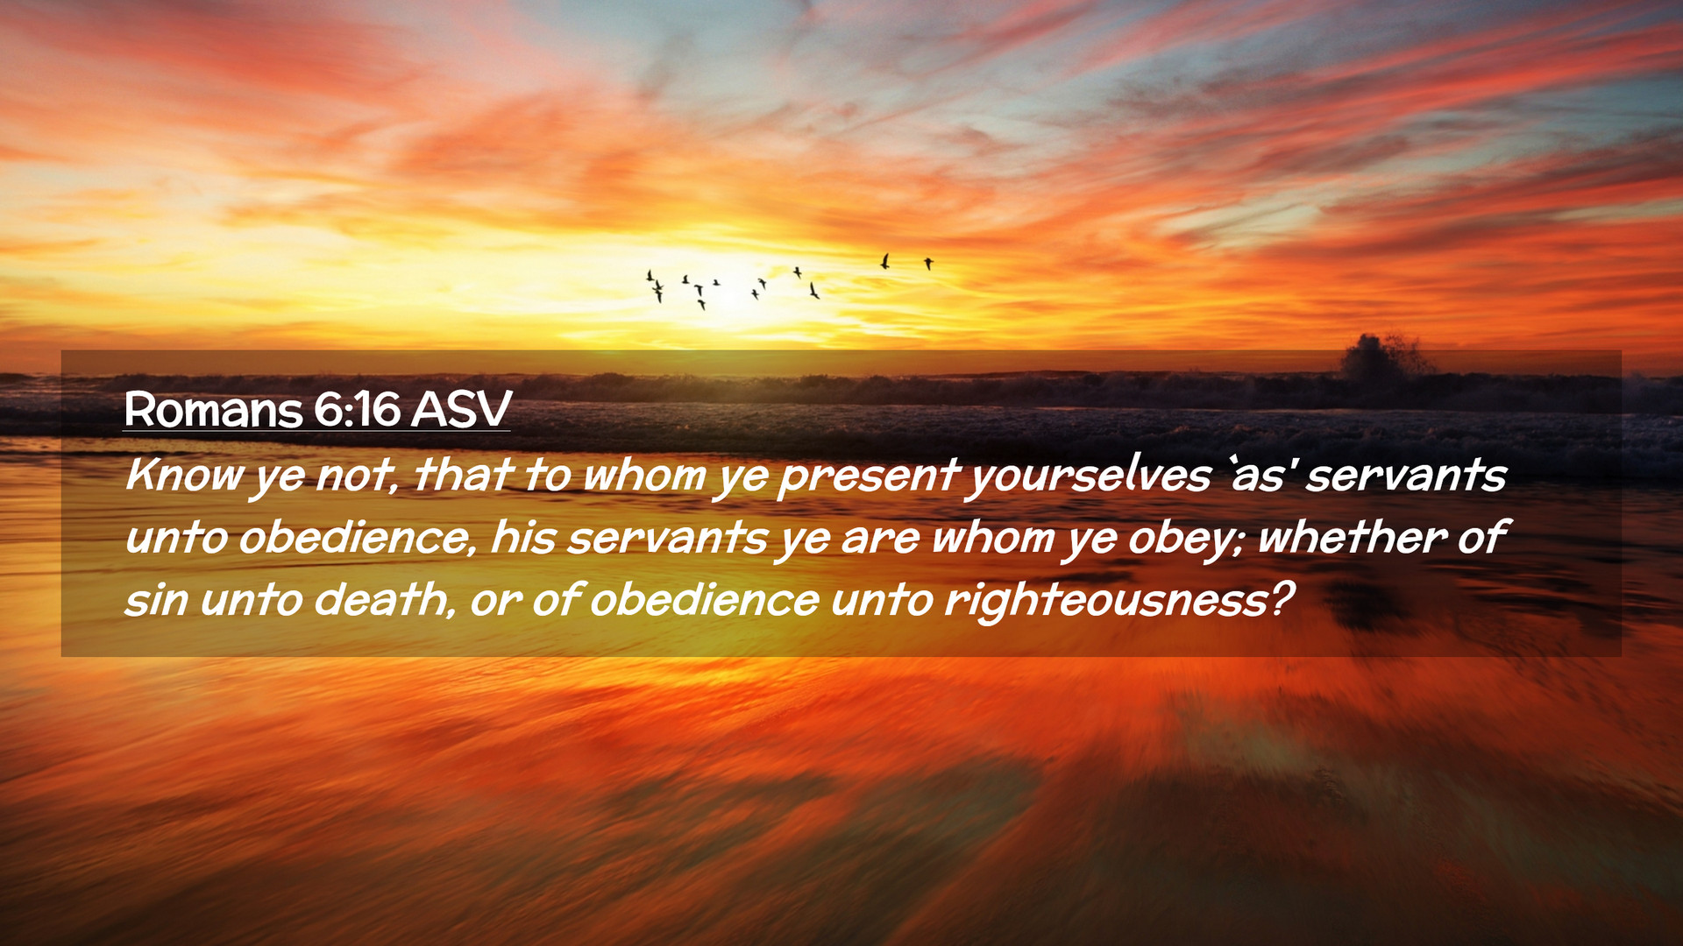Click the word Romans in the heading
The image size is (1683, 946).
(x=213, y=409)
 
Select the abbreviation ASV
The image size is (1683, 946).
(x=461, y=409)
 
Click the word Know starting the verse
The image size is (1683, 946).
(x=184, y=475)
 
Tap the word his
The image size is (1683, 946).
(x=522, y=537)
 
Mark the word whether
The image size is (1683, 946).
(x=1351, y=537)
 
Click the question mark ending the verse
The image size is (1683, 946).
(x=1282, y=600)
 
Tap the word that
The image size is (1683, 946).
(x=463, y=475)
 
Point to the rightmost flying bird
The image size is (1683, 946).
(x=928, y=263)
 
